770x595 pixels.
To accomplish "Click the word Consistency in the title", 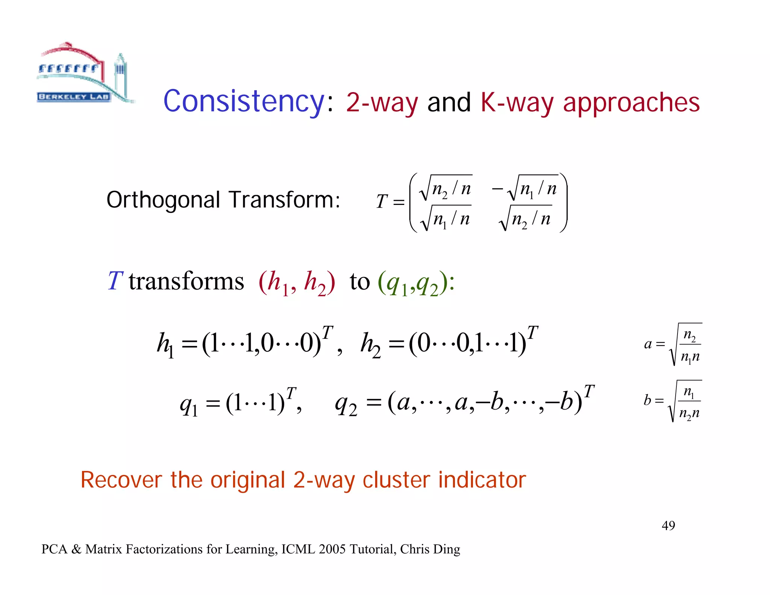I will point(244,102).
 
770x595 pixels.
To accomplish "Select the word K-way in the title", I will point(517,102).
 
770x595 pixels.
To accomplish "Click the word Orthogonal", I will point(163,200).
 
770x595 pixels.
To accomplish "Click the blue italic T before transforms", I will point(115,281).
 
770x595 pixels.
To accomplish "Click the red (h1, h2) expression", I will point(296,283).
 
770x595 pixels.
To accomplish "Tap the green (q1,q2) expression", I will point(413,283).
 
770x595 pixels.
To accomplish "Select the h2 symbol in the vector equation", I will point(370,345).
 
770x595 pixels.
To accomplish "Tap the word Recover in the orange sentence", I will point(121,480).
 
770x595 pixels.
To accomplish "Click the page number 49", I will point(668,525).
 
